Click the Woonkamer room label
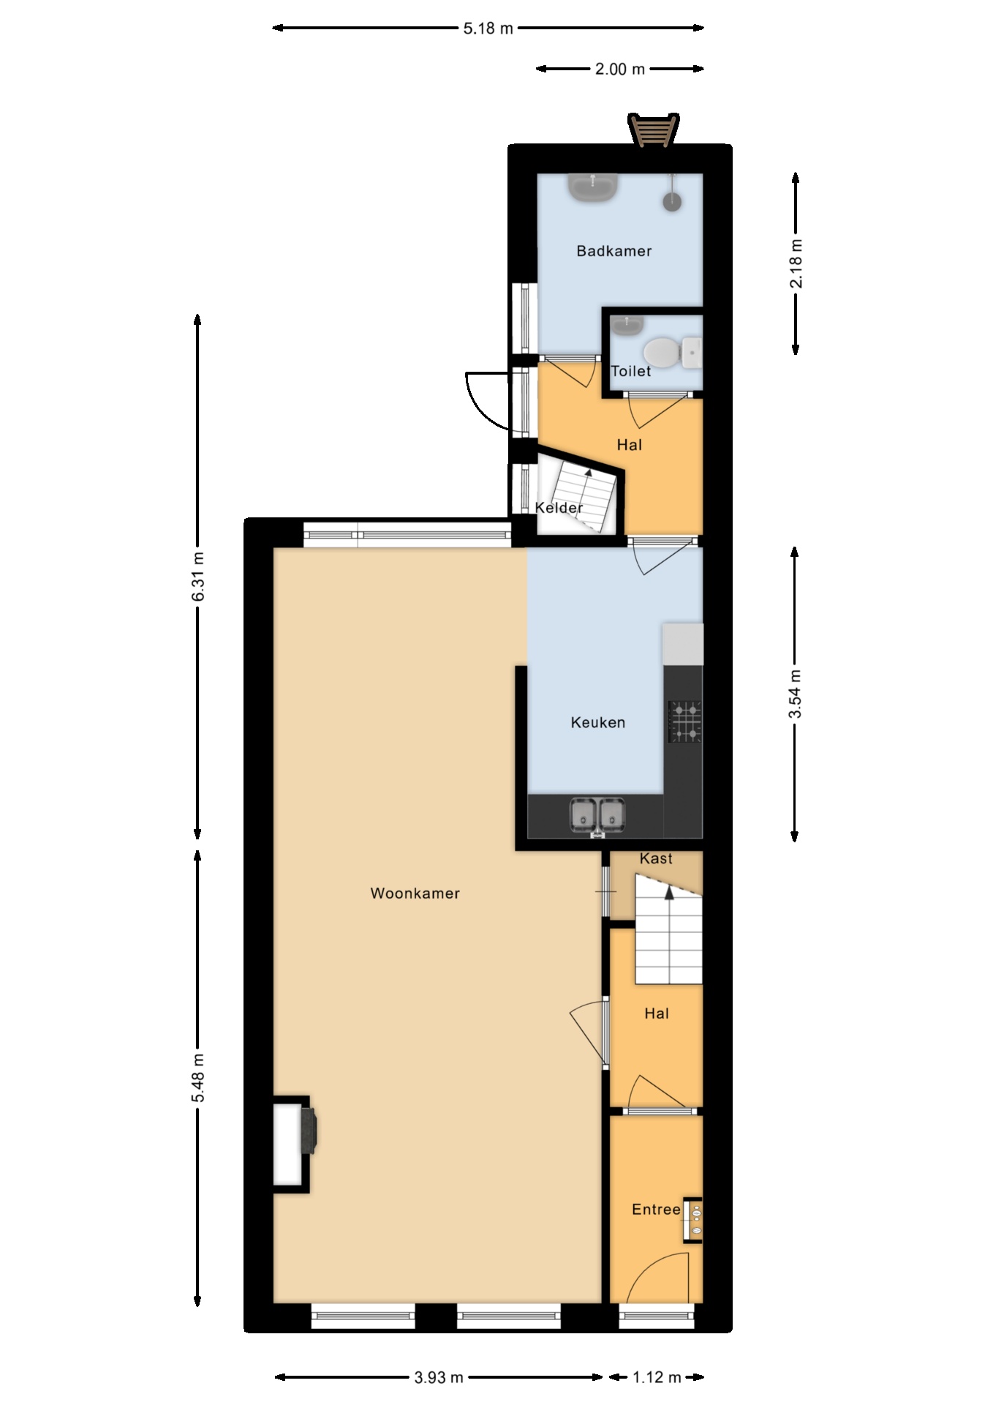(415, 893)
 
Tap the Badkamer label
(613, 251)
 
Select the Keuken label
(597, 722)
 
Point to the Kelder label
(559, 507)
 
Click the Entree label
(656, 1209)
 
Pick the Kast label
(656, 858)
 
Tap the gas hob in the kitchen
(685, 722)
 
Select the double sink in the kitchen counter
(598, 816)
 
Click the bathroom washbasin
(594, 187)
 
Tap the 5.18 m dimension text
(488, 29)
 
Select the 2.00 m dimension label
(619, 69)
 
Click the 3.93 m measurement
(439, 1377)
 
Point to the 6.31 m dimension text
(197, 576)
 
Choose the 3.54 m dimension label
(796, 693)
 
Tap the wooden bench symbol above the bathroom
(654, 130)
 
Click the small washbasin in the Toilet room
(627, 324)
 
